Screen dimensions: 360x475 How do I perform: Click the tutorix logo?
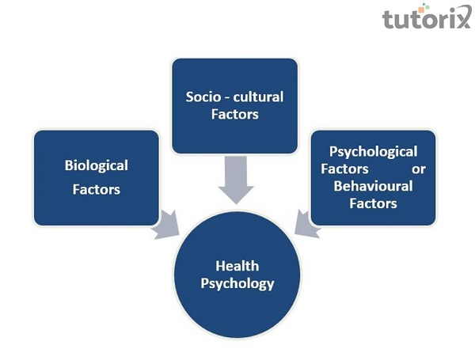pyautogui.click(x=425, y=19)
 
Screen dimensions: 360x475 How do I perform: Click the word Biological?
pyautogui.click(x=97, y=165)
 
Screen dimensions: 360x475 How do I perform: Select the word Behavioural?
pyautogui.click(x=373, y=187)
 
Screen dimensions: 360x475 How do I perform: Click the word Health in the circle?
pyautogui.click(x=236, y=266)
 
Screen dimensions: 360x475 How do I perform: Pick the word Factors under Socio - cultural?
pyautogui.click(x=235, y=116)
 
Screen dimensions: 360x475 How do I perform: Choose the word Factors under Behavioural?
pyautogui.click(x=373, y=203)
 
